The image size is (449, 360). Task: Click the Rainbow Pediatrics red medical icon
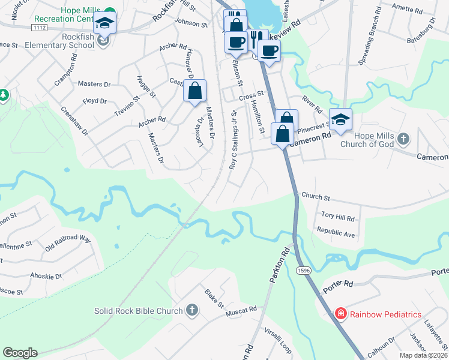pyautogui.click(x=340, y=314)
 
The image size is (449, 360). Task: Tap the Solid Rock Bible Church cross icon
pyautogui.click(x=191, y=310)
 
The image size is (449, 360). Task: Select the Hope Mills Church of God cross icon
pyautogui.click(x=405, y=139)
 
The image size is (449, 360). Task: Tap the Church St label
pyautogui.click(x=316, y=196)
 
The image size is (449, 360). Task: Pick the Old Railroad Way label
pyautogui.click(x=67, y=242)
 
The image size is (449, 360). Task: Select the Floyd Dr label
pyautogui.click(x=94, y=101)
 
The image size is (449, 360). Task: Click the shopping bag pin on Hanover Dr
pyautogui.click(x=195, y=92)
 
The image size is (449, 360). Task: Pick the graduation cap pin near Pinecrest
pyautogui.click(x=340, y=119)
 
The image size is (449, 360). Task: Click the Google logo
pyautogui.click(x=20, y=353)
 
